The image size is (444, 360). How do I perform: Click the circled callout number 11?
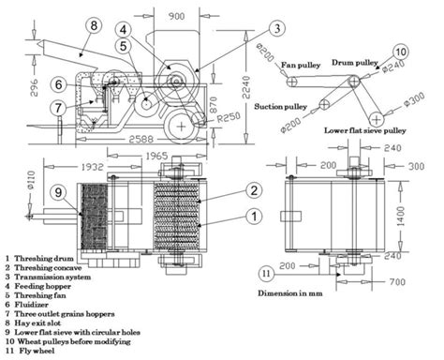(x=266, y=273)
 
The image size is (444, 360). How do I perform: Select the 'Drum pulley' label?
(x=366, y=62)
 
